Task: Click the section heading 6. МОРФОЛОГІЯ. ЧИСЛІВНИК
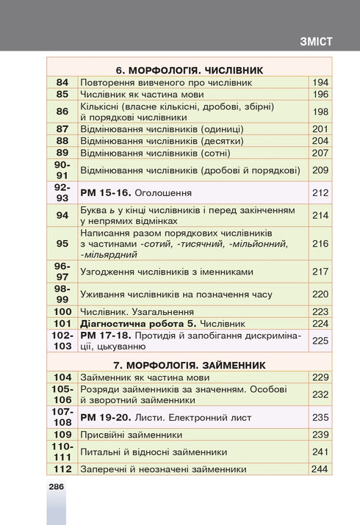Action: [x=189, y=70]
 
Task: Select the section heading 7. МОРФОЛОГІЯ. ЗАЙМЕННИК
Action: [x=189, y=364]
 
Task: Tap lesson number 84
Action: [x=62, y=83]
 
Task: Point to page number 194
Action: [x=320, y=83]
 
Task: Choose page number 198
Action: [x=320, y=112]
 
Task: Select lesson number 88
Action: [x=62, y=141]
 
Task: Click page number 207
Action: [x=320, y=153]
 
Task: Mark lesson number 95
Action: [x=62, y=243]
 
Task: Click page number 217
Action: [x=320, y=272]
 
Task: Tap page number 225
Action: [x=320, y=340]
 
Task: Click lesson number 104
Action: [x=62, y=377]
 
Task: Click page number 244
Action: [x=320, y=469]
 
